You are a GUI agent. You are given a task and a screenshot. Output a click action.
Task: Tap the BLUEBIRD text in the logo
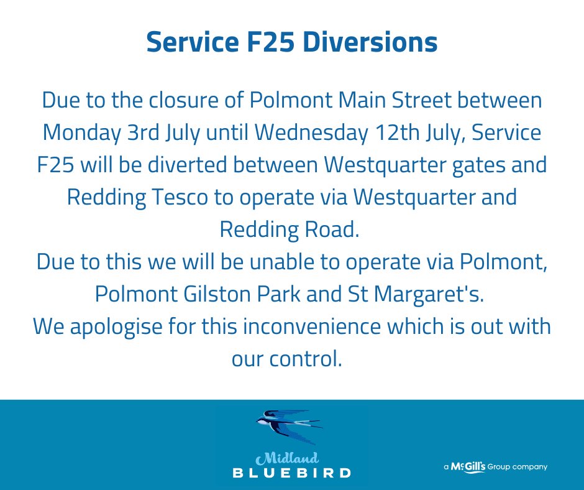292,473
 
